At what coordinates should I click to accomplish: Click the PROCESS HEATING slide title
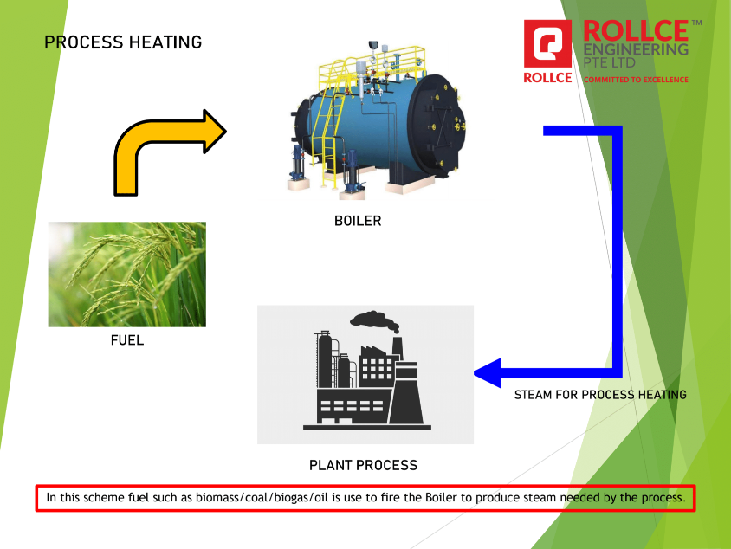pos(123,42)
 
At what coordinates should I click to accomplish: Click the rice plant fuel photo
pos(126,274)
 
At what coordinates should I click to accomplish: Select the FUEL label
pos(126,340)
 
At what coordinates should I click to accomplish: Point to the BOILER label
pos(357,221)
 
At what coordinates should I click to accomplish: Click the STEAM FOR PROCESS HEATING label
pos(600,395)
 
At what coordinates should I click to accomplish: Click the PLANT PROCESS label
pos(363,465)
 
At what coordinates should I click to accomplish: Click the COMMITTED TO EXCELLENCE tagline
pos(636,80)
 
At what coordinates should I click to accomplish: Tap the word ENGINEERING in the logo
pos(636,49)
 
